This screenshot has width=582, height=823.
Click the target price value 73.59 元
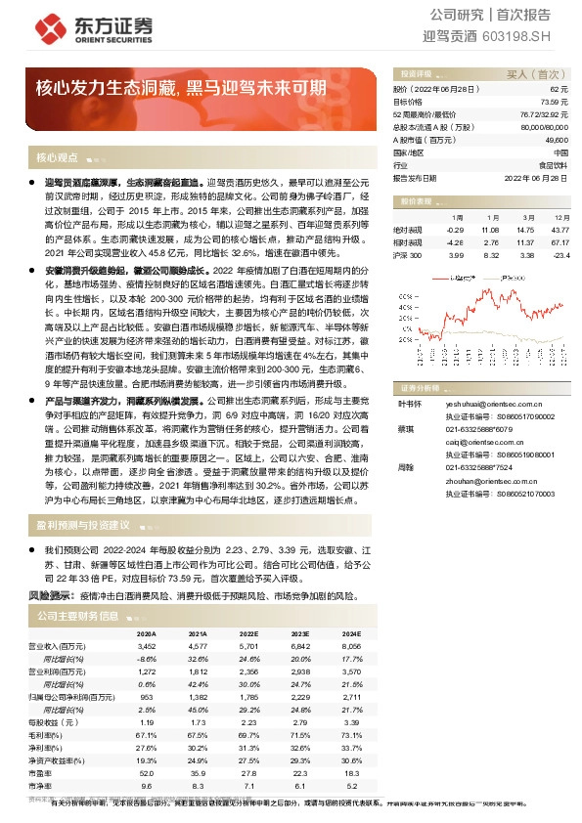pos(554,101)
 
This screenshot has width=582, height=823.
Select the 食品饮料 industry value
pos(555,166)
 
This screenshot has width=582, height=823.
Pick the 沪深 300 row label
pos(406,255)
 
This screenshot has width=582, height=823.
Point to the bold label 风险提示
pos(50,594)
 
